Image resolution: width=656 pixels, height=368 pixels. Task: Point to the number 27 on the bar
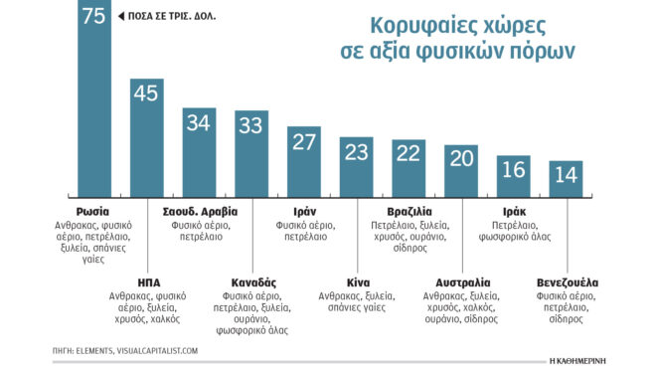305,141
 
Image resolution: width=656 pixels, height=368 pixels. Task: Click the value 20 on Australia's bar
461,158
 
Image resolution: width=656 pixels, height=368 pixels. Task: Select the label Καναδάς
251,282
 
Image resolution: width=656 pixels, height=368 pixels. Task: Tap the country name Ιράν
304,212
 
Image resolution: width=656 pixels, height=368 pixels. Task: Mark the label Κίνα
356,282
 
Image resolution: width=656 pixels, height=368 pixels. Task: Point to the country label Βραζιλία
409,212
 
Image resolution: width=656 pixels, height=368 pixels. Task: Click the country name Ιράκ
514,212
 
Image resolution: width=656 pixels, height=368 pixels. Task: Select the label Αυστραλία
461,282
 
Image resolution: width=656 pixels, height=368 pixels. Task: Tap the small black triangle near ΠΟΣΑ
121,17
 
